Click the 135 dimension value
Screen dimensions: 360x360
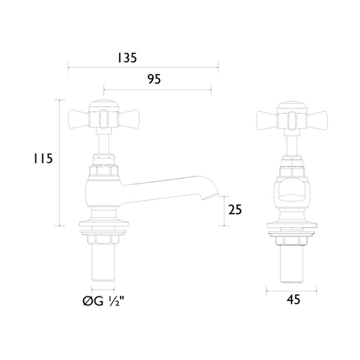click(127, 58)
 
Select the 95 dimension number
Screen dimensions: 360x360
click(154, 79)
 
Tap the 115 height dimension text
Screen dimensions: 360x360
click(43, 158)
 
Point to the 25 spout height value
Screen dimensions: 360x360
click(235, 209)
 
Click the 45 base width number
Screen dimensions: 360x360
click(293, 299)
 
